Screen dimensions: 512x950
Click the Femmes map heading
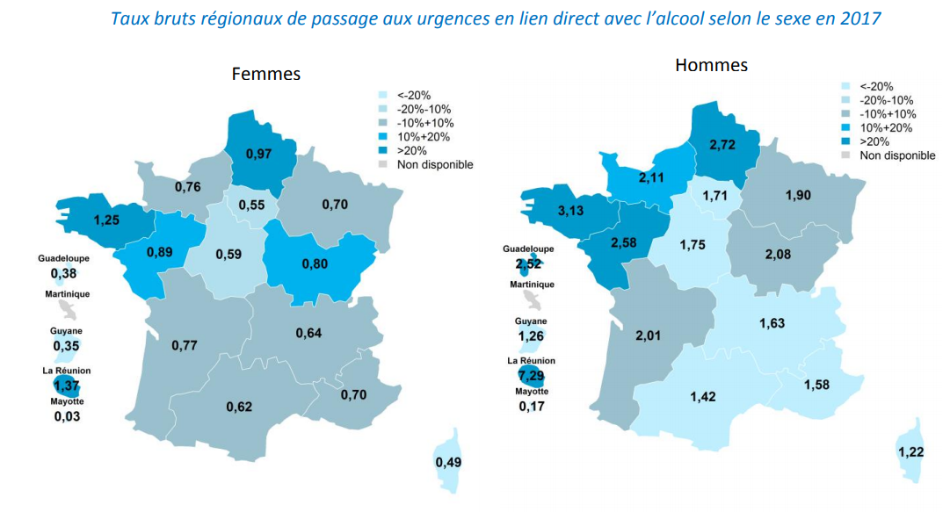265,74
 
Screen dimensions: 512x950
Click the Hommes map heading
711,65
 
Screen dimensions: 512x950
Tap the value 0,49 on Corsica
449,463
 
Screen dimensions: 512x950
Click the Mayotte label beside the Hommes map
532,392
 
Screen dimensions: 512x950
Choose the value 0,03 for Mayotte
66,415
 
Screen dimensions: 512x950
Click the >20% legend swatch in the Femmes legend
382,150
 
